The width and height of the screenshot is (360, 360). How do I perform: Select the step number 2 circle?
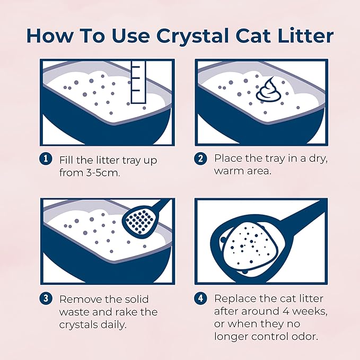click(201, 159)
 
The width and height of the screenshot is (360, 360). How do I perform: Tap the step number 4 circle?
click(201, 299)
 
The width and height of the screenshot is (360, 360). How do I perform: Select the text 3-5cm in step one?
click(102, 172)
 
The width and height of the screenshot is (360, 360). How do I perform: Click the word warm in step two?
click(232, 171)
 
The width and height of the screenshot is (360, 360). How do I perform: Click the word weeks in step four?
click(304, 312)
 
